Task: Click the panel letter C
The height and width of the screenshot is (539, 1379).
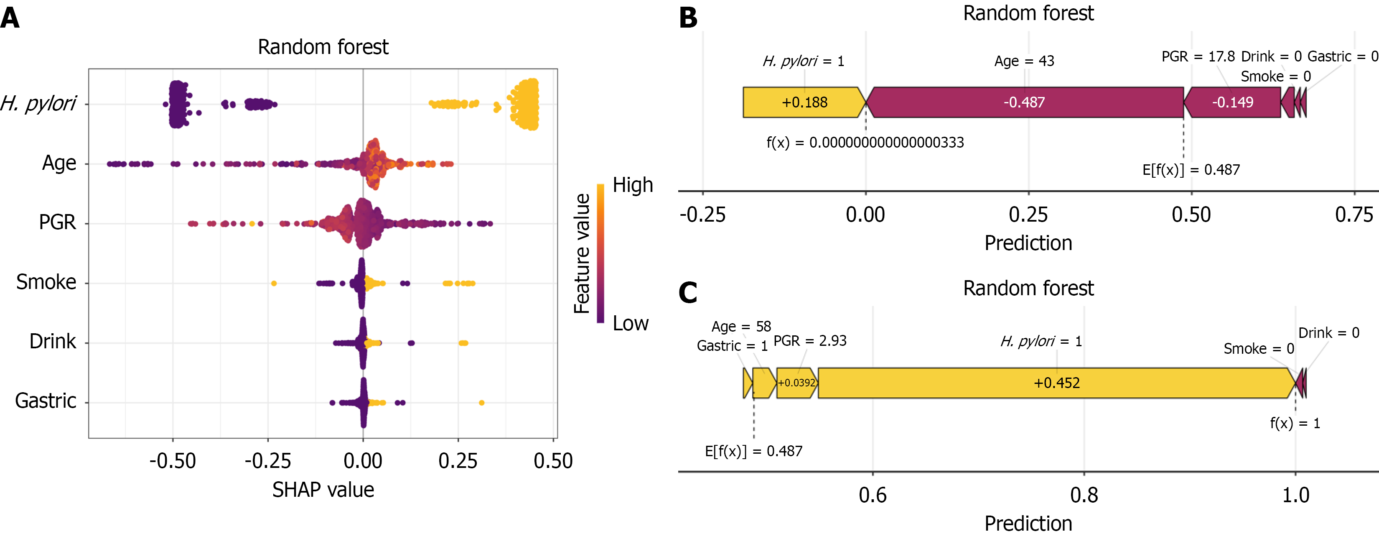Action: point(688,293)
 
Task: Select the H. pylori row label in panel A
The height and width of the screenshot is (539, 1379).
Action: point(38,103)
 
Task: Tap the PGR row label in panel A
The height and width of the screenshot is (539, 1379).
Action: point(57,222)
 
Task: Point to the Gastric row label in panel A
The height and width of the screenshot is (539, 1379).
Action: point(46,401)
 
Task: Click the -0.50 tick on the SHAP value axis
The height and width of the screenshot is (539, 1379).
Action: point(172,461)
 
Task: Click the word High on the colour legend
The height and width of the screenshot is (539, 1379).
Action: point(633,185)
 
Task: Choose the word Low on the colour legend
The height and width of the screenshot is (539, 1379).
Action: point(631,324)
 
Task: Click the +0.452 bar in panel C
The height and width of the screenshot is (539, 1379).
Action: point(1056,383)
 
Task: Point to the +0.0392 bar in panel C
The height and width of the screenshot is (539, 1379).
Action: point(796,383)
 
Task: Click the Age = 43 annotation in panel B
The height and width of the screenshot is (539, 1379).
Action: point(1024,61)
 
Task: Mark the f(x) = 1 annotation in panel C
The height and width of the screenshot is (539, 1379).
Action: point(1295,423)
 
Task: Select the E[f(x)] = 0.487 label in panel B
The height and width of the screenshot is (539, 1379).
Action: point(1191,170)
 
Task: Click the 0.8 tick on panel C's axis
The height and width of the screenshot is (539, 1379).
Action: point(1084,495)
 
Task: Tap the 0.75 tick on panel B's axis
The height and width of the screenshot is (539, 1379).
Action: point(1354,215)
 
